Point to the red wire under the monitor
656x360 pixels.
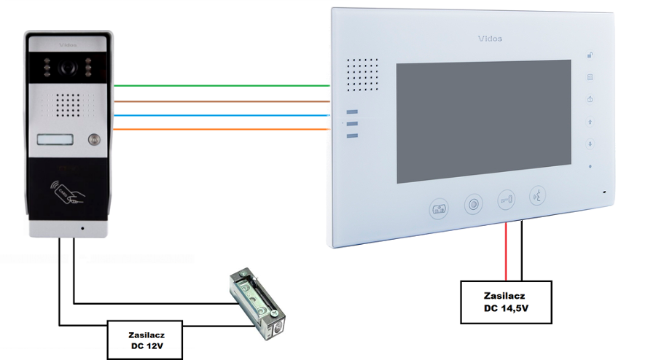tap(507, 251)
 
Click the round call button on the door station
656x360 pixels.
tap(94, 140)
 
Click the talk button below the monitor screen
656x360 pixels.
tap(538, 197)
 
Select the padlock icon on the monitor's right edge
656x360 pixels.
tap(590, 55)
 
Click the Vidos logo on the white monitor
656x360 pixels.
tap(489, 38)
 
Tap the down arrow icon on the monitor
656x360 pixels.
tap(590, 144)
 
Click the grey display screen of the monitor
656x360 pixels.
tap(483, 122)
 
